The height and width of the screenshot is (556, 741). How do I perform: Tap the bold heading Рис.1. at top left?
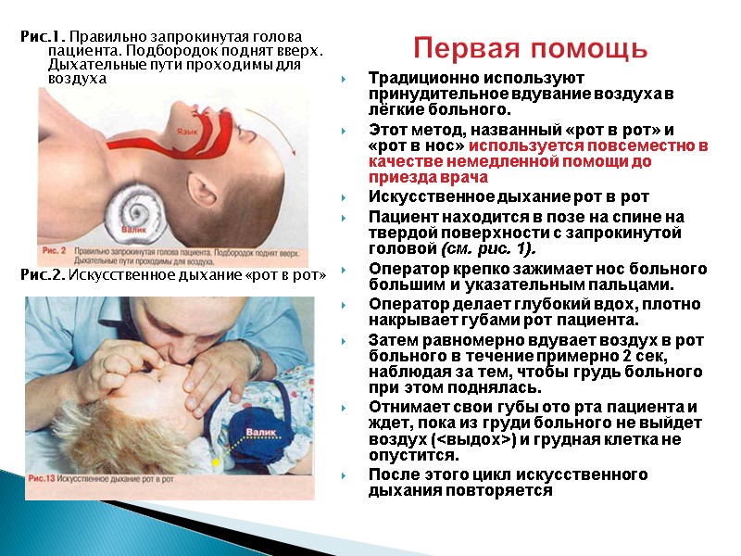(36, 37)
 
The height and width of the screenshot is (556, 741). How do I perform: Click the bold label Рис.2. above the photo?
(36, 276)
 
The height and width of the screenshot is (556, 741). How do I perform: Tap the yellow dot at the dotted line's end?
(216, 461)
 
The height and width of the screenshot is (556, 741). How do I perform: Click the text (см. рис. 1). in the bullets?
(497, 249)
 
